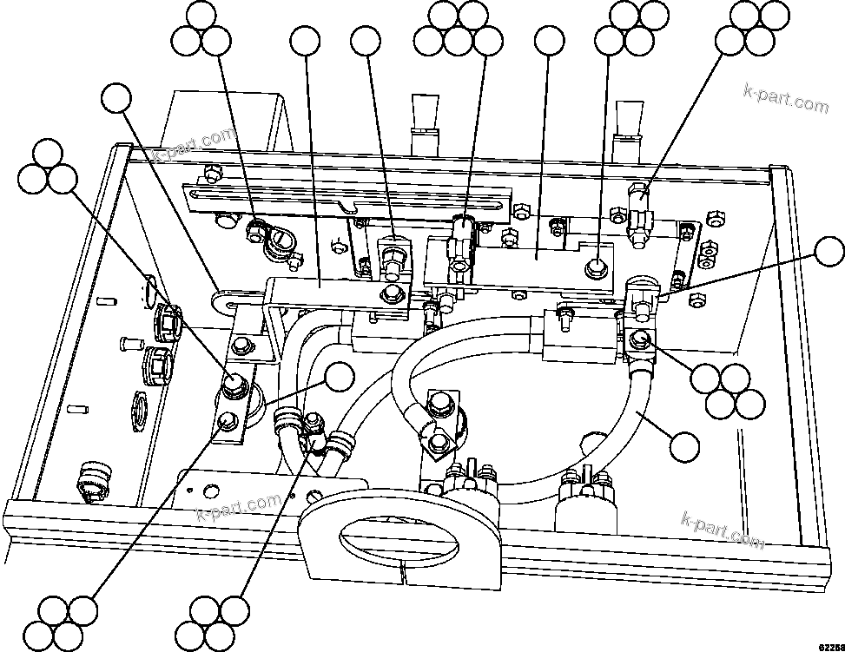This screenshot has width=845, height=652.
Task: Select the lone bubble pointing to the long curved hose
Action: click(x=685, y=445)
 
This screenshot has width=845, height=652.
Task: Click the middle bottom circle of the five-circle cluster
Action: click(x=459, y=39)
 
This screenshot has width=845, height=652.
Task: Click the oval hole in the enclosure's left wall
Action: click(x=149, y=286)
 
